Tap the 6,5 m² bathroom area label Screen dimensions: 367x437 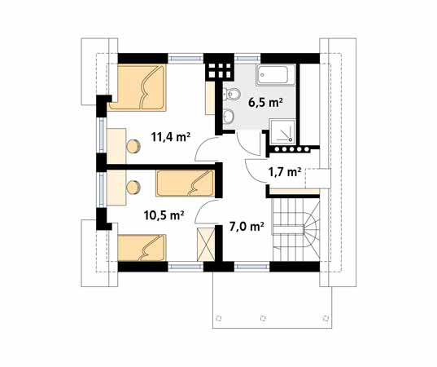pyautogui.click(x=265, y=103)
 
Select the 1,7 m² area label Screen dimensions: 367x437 pyautogui.click(x=285, y=172)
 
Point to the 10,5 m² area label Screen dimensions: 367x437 pyautogui.click(x=164, y=215)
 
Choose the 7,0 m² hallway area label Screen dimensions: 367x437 pyautogui.click(x=245, y=226)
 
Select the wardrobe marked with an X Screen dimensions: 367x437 pyautogui.click(x=206, y=245)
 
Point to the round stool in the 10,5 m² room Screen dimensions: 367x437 pyautogui.click(x=133, y=186)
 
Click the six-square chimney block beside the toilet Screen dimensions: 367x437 pyautogui.click(x=216, y=68)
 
